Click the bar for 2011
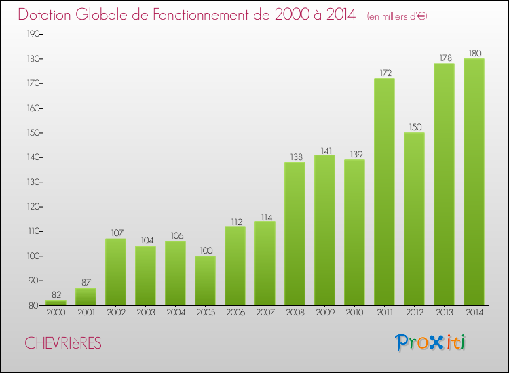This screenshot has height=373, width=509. click(x=384, y=192)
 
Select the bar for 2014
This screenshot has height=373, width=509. click(x=474, y=182)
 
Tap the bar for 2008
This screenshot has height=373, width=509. click(x=295, y=233)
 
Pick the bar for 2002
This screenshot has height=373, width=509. click(x=115, y=271)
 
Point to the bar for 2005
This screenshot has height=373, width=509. click(x=205, y=280)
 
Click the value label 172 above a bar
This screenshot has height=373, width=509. click(x=384, y=73)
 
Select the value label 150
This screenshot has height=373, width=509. click(x=414, y=127)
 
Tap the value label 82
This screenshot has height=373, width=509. click(x=56, y=294)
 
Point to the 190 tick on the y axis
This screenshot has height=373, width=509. click(x=33, y=34)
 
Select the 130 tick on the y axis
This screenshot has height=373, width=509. click(x=33, y=182)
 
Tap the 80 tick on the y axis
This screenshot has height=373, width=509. click(x=34, y=305)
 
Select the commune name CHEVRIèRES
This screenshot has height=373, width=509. click(x=62, y=344)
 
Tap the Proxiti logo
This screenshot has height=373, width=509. click(x=432, y=342)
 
